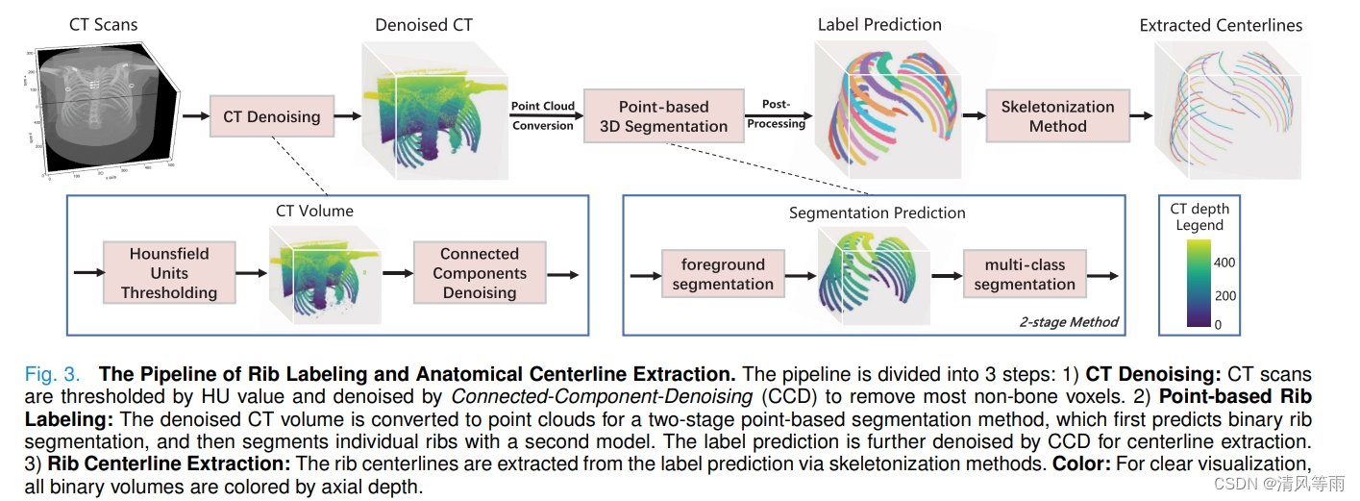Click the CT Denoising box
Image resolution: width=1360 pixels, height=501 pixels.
click(271, 117)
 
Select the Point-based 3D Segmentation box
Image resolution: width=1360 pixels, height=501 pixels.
click(663, 116)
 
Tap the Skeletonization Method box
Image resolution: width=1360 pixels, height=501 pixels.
click(1057, 116)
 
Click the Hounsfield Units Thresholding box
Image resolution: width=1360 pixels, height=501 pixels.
click(169, 273)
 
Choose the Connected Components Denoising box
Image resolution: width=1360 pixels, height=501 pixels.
click(480, 273)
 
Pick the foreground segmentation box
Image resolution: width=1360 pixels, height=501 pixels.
click(723, 274)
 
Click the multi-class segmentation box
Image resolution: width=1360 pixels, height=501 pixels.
click(1025, 274)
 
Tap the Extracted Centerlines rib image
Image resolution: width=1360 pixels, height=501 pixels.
click(1226, 106)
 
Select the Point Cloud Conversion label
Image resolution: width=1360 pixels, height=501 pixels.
click(543, 115)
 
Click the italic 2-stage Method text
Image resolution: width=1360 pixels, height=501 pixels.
click(1069, 322)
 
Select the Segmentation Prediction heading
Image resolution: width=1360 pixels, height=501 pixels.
click(877, 213)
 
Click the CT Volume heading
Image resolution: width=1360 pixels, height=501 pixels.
click(314, 211)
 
